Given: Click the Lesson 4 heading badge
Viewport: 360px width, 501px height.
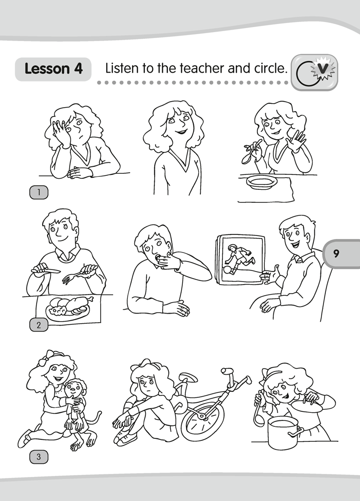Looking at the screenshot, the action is [53, 69].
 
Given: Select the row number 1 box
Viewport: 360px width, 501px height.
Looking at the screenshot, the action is [39, 192].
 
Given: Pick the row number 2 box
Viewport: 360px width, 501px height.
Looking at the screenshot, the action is [39, 325].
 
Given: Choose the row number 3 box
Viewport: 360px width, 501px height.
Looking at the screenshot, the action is [39, 457].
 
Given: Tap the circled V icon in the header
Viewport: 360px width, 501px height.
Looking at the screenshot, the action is [314, 72].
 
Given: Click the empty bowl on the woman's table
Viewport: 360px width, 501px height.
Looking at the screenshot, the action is [261, 183].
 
